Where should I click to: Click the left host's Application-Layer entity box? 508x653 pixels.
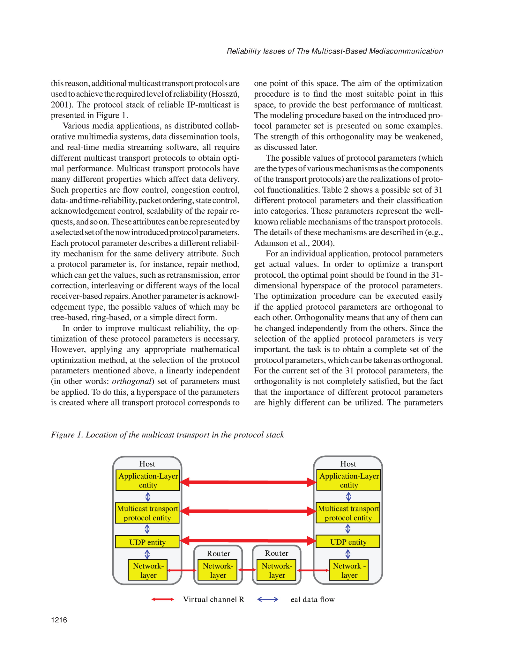[x=148, y=480]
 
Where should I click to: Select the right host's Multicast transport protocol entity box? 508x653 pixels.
[x=348, y=513]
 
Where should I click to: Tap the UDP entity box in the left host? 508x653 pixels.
[x=147, y=542]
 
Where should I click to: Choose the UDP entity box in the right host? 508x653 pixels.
[x=348, y=542]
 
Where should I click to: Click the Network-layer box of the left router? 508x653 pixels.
[x=218, y=570]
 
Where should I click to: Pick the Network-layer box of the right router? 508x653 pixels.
[x=277, y=570]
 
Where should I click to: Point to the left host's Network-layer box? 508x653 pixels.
[x=148, y=570]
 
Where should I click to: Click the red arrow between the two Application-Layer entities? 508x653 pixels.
[x=248, y=482]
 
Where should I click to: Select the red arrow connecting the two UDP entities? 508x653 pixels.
[x=248, y=540]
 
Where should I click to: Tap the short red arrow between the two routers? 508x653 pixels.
[x=247, y=570]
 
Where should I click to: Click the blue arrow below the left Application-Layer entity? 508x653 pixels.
[x=148, y=497]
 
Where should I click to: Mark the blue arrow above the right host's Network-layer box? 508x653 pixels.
[x=348, y=554]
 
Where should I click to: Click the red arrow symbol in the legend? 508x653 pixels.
[x=163, y=599]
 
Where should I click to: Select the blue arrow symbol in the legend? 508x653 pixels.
[x=268, y=599]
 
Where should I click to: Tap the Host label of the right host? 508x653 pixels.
[x=348, y=464]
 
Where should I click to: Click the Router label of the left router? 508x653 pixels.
[x=218, y=554]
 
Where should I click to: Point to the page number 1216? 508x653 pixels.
[x=59, y=620]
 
